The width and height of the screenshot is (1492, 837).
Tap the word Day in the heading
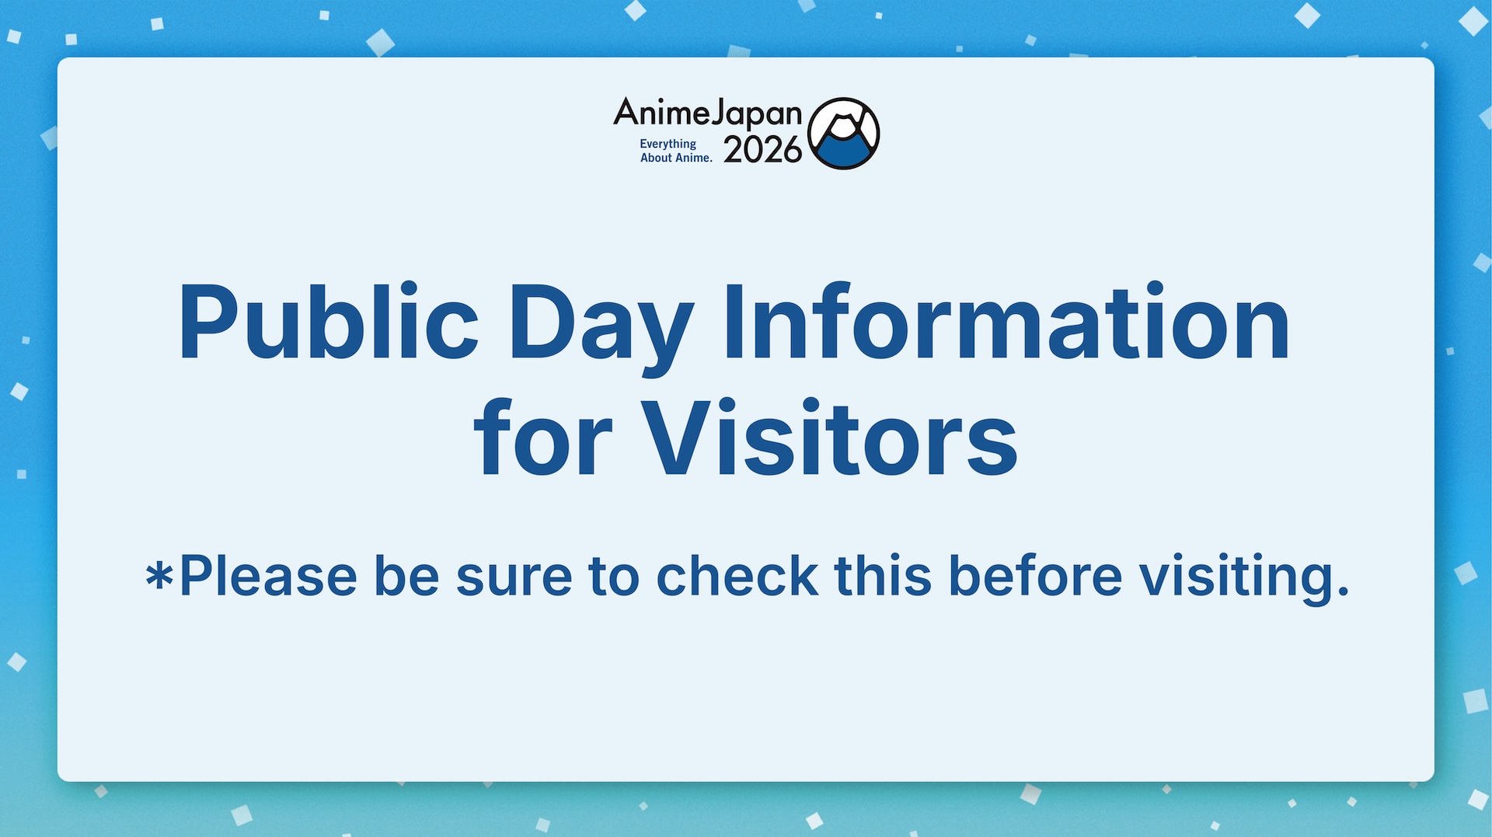click(599, 325)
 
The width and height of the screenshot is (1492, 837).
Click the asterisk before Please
click(159, 577)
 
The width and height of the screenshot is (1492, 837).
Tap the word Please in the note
click(268, 577)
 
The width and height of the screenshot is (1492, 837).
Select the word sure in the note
click(514, 577)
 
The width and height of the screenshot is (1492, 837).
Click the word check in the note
click(737, 577)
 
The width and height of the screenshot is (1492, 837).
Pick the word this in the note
click(883, 577)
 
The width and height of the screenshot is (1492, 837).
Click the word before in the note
click(1035, 577)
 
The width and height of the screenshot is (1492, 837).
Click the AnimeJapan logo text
click(707, 113)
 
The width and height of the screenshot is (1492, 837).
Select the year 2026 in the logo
click(762, 150)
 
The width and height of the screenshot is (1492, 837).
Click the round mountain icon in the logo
click(843, 134)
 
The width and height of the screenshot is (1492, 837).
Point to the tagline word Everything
click(668, 144)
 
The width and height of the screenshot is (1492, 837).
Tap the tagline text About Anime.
click(676, 158)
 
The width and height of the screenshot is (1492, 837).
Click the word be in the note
click(406, 577)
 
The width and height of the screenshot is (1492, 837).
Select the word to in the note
click(614, 577)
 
